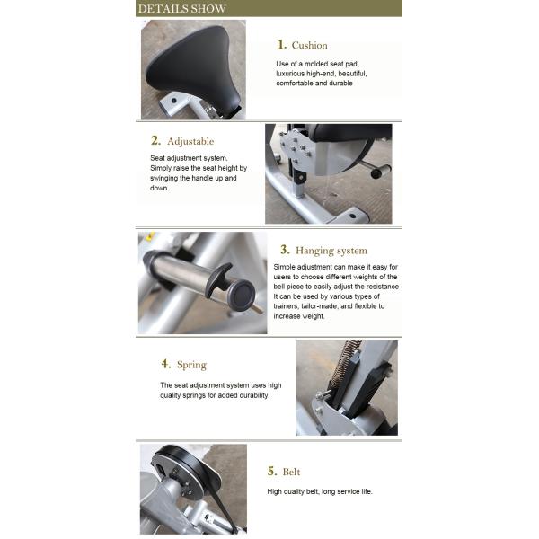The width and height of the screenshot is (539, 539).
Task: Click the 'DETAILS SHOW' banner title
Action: (x=181, y=9)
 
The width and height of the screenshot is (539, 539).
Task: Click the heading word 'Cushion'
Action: (x=309, y=46)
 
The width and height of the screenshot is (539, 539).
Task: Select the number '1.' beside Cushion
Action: (x=282, y=45)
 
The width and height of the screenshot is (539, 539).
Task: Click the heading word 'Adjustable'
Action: (x=190, y=141)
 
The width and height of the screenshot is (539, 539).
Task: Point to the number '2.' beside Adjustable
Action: (x=155, y=140)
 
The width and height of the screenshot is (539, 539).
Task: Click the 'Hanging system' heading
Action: (x=331, y=251)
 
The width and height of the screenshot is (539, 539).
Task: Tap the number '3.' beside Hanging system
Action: (x=285, y=250)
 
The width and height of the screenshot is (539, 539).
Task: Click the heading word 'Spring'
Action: (x=192, y=365)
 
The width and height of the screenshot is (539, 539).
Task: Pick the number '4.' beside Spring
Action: (x=166, y=364)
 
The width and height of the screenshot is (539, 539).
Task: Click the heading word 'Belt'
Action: (x=291, y=472)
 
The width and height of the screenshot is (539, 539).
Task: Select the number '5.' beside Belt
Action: (x=272, y=471)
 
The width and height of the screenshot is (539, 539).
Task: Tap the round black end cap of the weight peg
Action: (x=242, y=296)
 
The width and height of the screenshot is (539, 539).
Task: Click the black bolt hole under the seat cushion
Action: (x=174, y=101)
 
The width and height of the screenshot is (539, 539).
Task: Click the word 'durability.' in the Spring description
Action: (x=254, y=395)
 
